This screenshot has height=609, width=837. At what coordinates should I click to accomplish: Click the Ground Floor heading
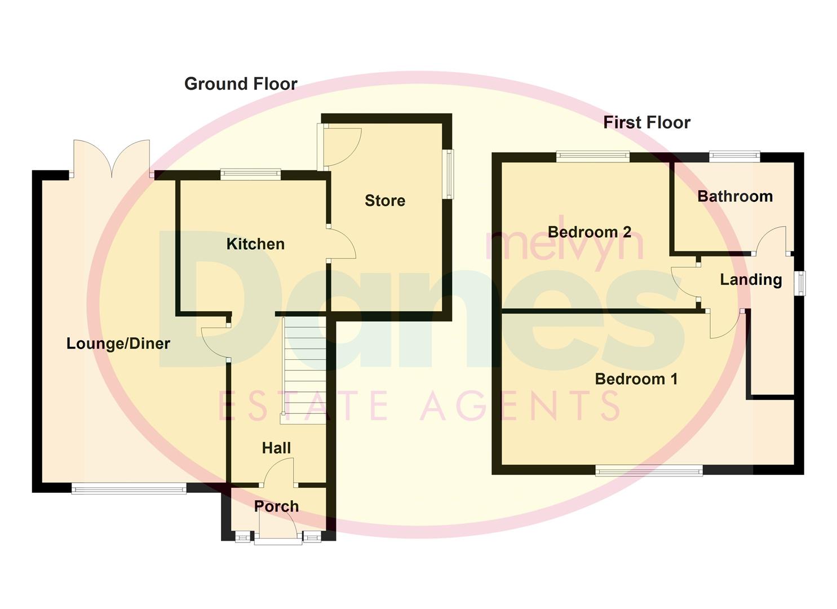point(241,84)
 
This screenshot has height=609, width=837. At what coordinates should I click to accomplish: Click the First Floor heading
point(646,122)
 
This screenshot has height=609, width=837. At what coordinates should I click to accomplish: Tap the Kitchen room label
point(255,244)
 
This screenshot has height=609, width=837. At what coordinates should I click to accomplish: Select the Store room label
point(385,201)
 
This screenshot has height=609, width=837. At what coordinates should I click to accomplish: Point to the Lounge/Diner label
point(118,343)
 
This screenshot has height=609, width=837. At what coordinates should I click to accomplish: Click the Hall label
point(276,448)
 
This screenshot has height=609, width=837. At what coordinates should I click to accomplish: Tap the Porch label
point(276,506)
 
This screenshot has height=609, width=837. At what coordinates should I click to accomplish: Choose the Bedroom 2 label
point(589,232)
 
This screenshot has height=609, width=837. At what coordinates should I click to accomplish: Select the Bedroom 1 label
point(636,379)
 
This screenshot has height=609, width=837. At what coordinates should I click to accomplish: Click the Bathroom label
point(735,196)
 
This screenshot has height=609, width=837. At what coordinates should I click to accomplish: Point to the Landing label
point(751,280)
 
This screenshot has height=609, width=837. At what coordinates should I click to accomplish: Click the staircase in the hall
point(304,369)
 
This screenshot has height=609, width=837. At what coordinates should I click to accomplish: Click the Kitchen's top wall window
point(250,174)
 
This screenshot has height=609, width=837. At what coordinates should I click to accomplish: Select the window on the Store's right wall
point(448,174)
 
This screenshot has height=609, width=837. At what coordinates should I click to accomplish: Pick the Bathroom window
point(734,157)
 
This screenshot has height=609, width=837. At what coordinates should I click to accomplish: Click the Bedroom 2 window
point(592,157)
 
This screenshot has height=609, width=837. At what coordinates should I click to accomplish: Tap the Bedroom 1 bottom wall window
point(649,470)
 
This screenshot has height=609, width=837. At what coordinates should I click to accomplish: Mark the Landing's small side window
point(800,283)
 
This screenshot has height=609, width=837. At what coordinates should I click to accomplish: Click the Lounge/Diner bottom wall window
point(129,488)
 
